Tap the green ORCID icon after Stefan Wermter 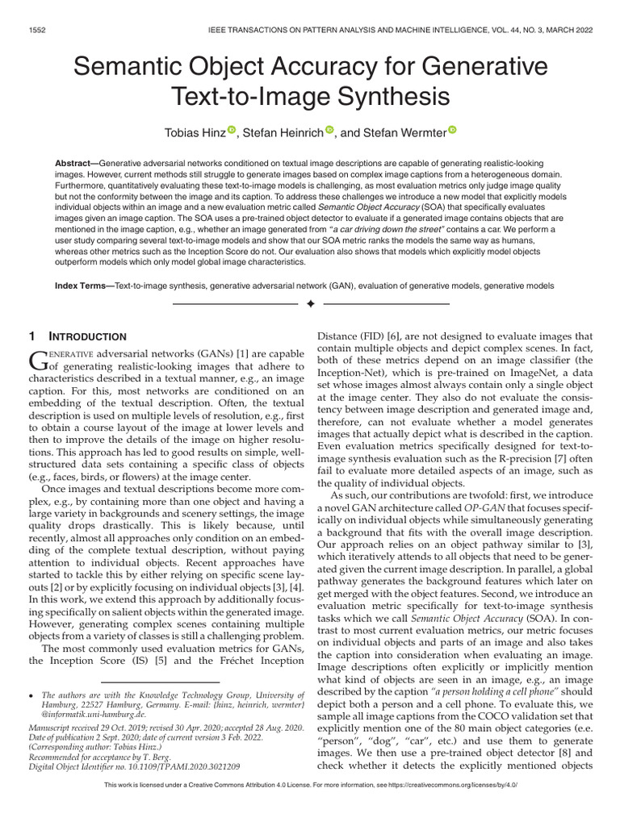tap(452, 129)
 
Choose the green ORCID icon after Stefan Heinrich tap(329, 129)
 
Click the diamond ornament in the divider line tap(310, 305)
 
